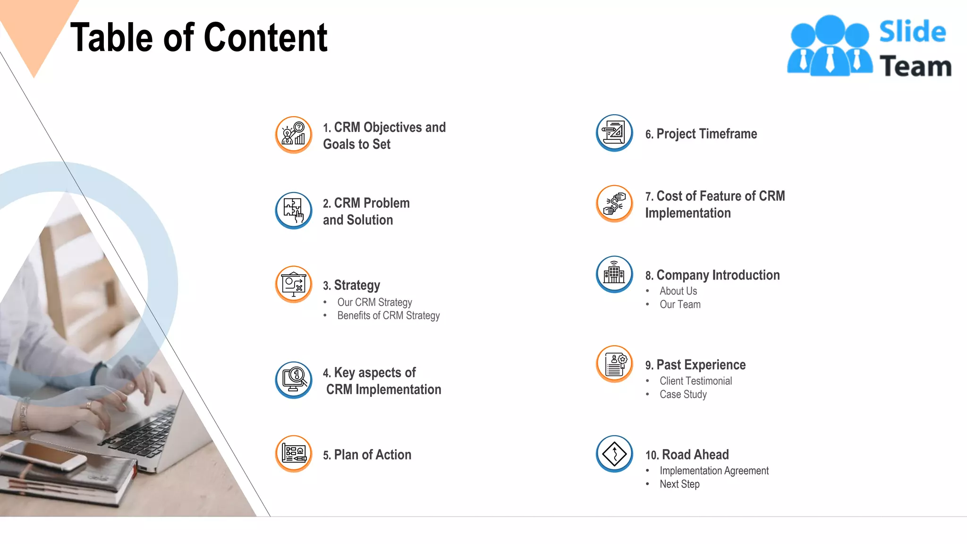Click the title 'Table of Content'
(199, 37)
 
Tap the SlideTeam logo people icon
(830, 46)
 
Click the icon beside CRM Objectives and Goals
(294, 135)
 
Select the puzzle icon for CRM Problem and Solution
(294, 210)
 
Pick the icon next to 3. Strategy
(294, 284)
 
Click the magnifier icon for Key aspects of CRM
(294, 380)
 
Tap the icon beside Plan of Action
(294, 454)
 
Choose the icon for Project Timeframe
(614, 133)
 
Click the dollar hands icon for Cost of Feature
(614, 204)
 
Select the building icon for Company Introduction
(614, 274)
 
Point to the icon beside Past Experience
(614, 364)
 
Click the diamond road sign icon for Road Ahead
(614, 454)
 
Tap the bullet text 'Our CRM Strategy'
(374, 302)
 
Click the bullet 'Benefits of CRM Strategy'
(388, 315)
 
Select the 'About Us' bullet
(678, 291)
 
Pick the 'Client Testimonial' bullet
(696, 381)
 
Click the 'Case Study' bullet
(683, 394)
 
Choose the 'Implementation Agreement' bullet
(714, 471)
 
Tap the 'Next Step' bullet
(679, 484)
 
